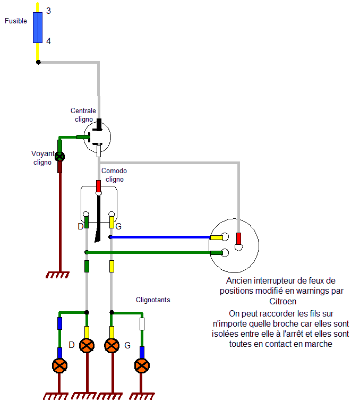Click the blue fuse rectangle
(38, 27)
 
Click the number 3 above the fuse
(48, 11)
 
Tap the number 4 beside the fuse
(48, 41)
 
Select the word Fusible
(16, 22)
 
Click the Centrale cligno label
(83, 115)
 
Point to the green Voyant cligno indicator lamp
(60, 156)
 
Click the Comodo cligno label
(114, 175)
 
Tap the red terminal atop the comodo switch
(98, 186)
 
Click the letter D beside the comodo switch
(81, 227)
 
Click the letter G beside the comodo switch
(118, 227)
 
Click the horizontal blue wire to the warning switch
(159, 237)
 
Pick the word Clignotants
(153, 300)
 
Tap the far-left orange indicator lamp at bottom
(59, 365)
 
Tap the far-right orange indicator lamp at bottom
(142, 365)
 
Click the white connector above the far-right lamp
(142, 323)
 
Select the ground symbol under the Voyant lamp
(57, 275)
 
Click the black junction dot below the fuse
(38, 62)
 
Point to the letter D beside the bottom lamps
(72, 346)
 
